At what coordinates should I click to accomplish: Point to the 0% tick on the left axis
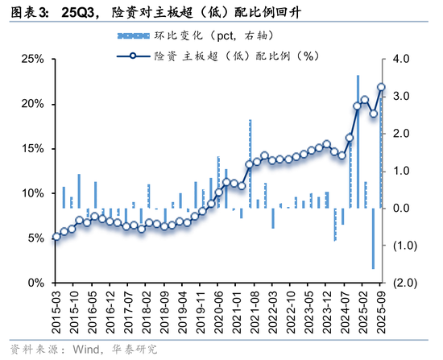33,283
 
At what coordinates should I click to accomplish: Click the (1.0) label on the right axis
403,246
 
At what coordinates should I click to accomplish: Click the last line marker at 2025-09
381,88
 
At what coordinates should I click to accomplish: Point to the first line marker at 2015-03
56,237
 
